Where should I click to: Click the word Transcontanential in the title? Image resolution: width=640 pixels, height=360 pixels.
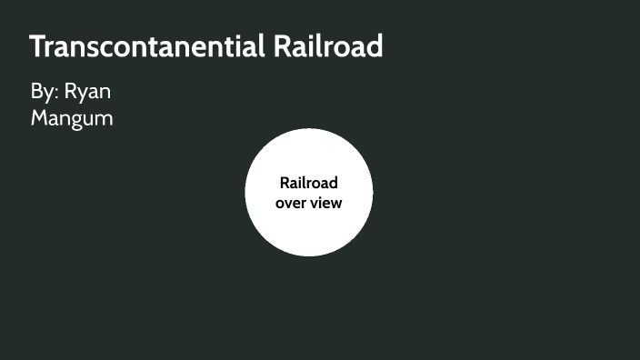[147, 46]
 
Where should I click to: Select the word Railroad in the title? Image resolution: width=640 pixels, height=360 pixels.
[328, 46]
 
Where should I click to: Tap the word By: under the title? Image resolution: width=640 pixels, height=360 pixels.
[44, 93]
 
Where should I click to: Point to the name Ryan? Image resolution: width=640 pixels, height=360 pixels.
[88, 94]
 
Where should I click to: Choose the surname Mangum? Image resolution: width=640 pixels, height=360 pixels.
[72, 118]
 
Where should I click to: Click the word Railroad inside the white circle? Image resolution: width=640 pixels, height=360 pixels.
[308, 183]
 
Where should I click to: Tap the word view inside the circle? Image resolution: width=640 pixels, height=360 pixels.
[325, 203]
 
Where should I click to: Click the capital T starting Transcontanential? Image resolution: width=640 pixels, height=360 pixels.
[38, 46]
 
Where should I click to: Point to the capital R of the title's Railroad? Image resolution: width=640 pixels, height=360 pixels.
[283, 46]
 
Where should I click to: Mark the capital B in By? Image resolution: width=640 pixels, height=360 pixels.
[37, 93]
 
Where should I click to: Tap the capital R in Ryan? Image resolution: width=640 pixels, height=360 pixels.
[71, 93]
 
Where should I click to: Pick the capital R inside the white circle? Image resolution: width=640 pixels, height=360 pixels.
[285, 183]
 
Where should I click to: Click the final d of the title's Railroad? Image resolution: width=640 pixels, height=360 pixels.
[375, 46]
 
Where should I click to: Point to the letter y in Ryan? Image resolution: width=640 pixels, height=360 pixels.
[82, 96]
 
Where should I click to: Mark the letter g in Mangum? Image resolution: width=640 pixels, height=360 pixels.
[79, 120]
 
